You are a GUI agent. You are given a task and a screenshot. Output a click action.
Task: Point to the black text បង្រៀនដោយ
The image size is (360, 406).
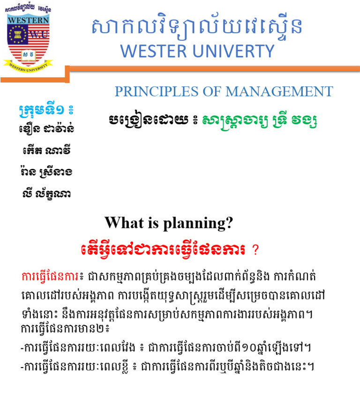coord(145,121)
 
